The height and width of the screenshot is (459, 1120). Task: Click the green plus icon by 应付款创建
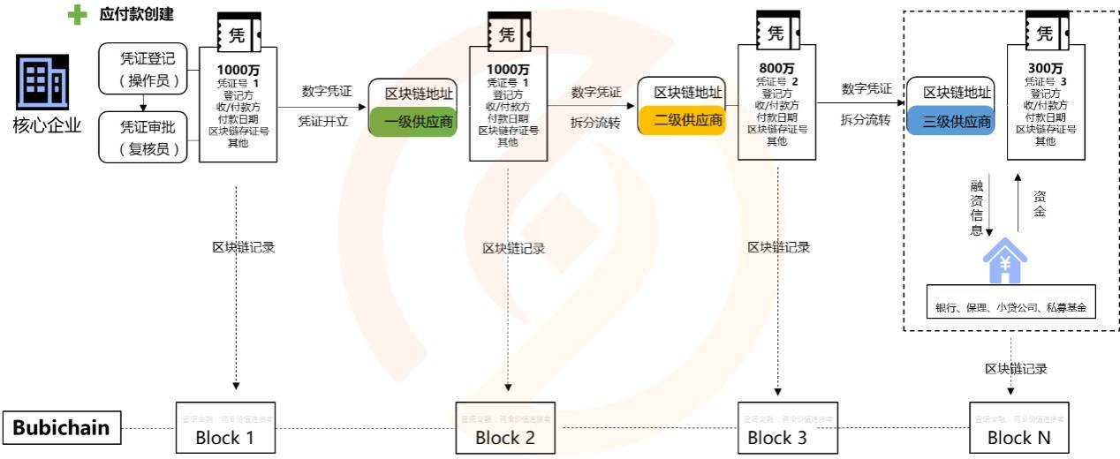pyautogui.click(x=78, y=15)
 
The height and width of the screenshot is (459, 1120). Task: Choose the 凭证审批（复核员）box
pyautogui.click(x=148, y=138)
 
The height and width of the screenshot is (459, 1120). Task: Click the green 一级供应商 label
pyautogui.click(x=412, y=122)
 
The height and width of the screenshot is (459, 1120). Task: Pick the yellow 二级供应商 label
pyautogui.click(x=682, y=119)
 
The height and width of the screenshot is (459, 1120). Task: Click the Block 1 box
pyautogui.click(x=225, y=428)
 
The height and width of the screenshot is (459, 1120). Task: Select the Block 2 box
pyautogui.click(x=505, y=428)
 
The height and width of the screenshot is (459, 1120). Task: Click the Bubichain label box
pyautogui.click(x=61, y=428)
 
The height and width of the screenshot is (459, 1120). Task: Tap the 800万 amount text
pyautogui.click(x=776, y=67)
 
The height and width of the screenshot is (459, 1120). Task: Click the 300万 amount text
pyautogui.click(x=1046, y=67)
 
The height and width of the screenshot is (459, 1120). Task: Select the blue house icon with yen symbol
pyautogui.click(x=1006, y=262)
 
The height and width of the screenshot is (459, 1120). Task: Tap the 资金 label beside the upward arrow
pyautogui.click(x=1040, y=204)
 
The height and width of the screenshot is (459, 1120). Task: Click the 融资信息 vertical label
pyautogui.click(x=976, y=207)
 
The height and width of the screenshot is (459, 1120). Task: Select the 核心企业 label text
pyautogui.click(x=47, y=124)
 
